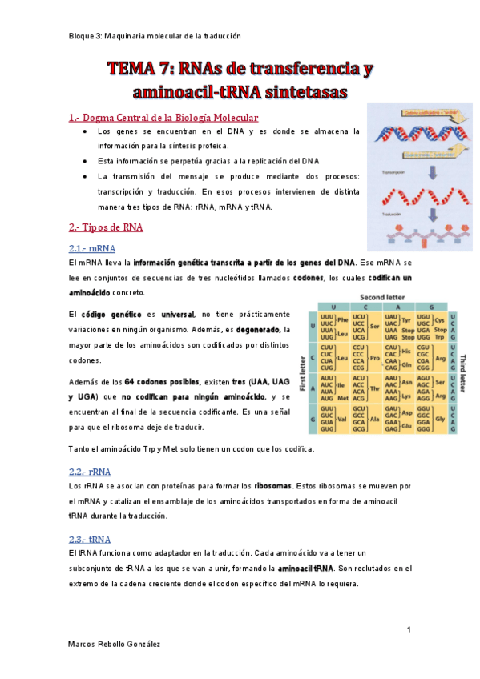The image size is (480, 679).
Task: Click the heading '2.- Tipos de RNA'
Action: [106, 227]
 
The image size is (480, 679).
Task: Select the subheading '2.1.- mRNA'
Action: [93, 248]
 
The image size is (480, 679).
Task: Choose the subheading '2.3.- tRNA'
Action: [90, 539]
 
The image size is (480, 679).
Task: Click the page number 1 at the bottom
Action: [409, 630]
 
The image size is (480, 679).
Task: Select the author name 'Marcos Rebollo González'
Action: [119, 644]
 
